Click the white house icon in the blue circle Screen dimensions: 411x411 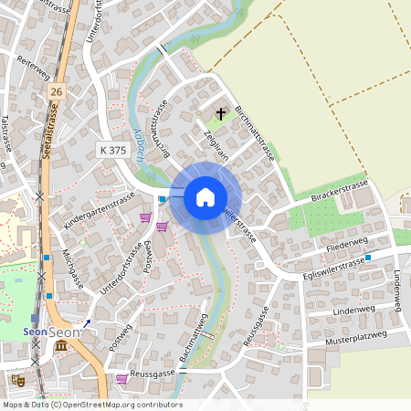(x=205, y=196)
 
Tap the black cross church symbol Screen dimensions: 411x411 (x=220, y=114)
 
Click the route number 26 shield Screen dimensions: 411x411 (x=58, y=92)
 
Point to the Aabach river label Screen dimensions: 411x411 (x=138, y=144)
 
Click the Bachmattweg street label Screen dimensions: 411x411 (x=195, y=341)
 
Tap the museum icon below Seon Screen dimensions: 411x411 (x=60, y=347)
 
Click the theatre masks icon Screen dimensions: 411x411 (x=17, y=379)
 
